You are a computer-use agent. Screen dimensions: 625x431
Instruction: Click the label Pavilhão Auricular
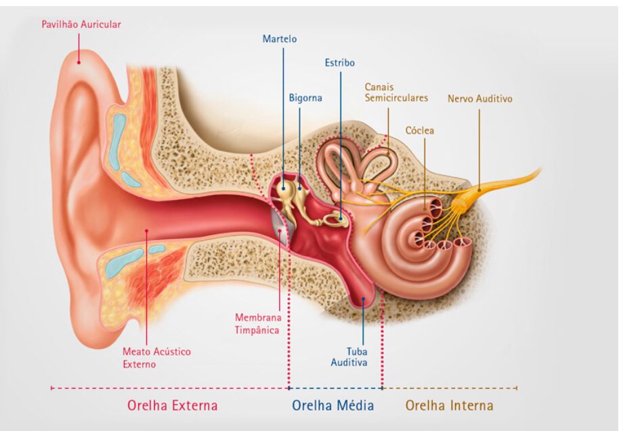pos(81,24)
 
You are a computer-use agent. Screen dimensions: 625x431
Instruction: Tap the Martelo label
pos(280,39)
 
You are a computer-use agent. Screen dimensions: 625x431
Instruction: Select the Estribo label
pos(340,62)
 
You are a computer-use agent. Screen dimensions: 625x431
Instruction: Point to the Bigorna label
pos(305,98)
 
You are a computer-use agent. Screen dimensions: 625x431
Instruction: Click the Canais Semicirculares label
pos(396,93)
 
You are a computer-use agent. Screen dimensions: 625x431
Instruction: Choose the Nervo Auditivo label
pos(480,98)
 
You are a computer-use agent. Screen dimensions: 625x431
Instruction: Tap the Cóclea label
pos(420,131)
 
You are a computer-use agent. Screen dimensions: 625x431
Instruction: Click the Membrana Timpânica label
pos(257,324)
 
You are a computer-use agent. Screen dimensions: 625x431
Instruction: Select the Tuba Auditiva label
pos(349,356)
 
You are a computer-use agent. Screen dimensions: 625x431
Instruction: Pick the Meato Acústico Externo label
pos(156,358)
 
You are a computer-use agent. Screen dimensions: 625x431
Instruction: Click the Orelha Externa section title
pos(173,405)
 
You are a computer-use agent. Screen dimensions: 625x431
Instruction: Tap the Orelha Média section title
pos(333,405)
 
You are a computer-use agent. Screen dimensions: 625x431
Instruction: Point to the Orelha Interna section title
pos(449,405)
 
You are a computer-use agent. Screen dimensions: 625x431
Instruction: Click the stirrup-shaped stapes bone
pos(333,219)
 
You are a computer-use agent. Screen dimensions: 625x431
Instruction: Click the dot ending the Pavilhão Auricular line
pos(79,62)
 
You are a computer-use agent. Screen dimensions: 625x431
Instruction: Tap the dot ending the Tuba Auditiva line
pos(363,298)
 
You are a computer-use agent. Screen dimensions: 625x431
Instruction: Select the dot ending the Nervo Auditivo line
pos(479,190)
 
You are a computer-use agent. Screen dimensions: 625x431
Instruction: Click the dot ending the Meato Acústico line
pos(146,230)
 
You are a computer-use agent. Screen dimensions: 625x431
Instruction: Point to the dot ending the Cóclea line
pos(425,208)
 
